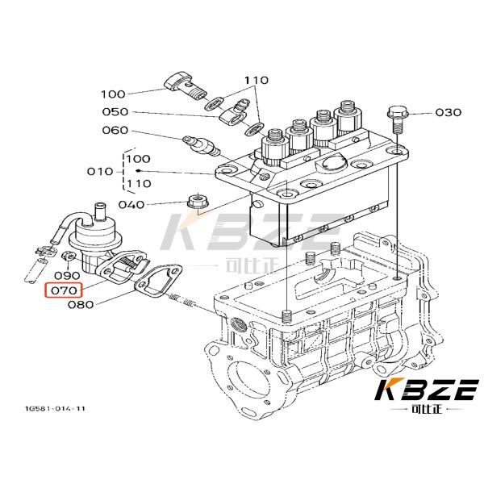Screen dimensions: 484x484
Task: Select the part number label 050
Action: click(x=115, y=112)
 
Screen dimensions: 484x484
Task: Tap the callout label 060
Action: click(x=115, y=131)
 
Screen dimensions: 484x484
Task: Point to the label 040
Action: click(x=131, y=204)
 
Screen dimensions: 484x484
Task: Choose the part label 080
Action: click(x=81, y=305)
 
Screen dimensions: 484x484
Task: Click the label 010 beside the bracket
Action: click(x=101, y=171)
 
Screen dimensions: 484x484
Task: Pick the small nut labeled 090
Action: click(x=67, y=257)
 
